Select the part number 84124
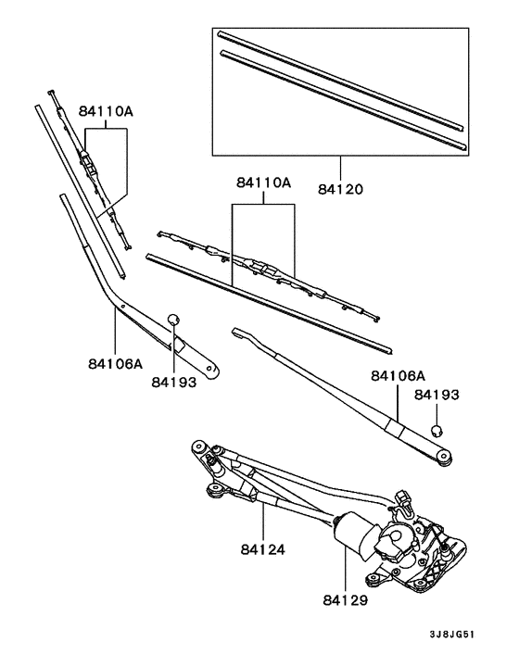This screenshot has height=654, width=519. [264, 549]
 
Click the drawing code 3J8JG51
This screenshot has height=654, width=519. [453, 635]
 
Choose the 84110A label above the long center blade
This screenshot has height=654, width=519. [263, 184]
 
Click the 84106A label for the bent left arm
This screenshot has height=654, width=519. [115, 364]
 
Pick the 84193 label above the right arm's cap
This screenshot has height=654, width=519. [437, 395]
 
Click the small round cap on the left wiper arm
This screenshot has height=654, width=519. [172, 321]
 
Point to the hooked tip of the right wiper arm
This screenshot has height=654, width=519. [238, 331]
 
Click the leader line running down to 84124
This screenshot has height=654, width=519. [264, 519]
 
